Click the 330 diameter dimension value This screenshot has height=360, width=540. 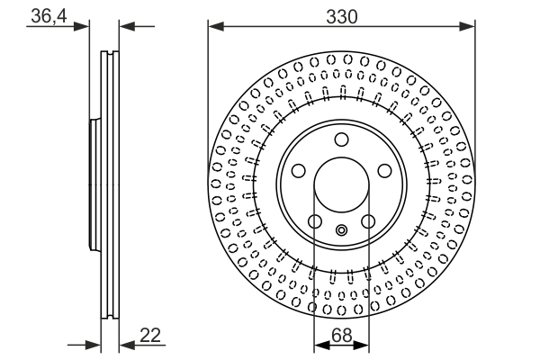[x=342, y=15]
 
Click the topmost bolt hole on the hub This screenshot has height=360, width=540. [x=341, y=139]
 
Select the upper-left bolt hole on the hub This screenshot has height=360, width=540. [x=298, y=171]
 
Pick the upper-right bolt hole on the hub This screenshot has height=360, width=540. [x=384, y=171]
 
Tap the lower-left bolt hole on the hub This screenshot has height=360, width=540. [x=314, y=221]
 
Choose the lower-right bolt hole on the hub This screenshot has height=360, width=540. [x=368, y=221]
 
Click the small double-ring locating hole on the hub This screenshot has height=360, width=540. [x=341, y=230]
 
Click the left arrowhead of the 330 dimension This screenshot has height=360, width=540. [x=214, y=27]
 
